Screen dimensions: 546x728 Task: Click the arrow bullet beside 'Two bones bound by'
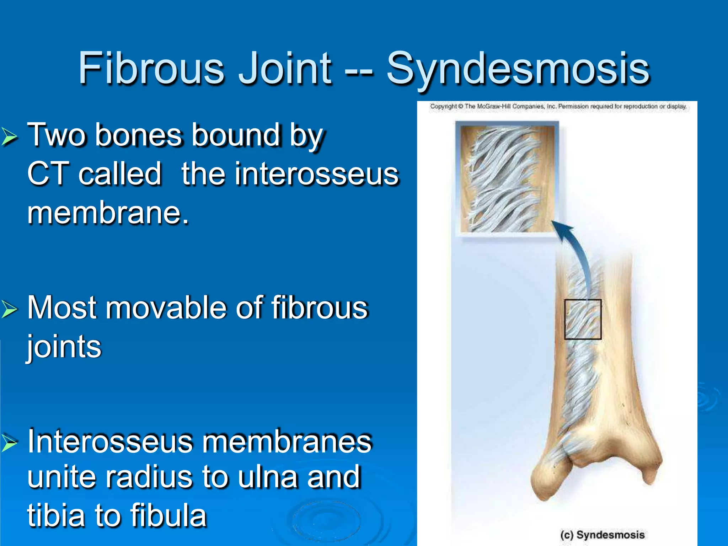click(x=9, y=137)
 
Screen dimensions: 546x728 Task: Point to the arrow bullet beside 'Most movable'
click(x=9, y=309)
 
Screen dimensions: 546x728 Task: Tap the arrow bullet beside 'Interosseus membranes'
click(x=9, y=443)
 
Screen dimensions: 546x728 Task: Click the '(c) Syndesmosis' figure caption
click(x=602, y=535)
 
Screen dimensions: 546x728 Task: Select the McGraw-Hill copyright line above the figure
click(x=558, y=106)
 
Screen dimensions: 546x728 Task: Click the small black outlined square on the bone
click(x=583, y=319)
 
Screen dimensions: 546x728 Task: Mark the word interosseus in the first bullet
click(x=290, y=174)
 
